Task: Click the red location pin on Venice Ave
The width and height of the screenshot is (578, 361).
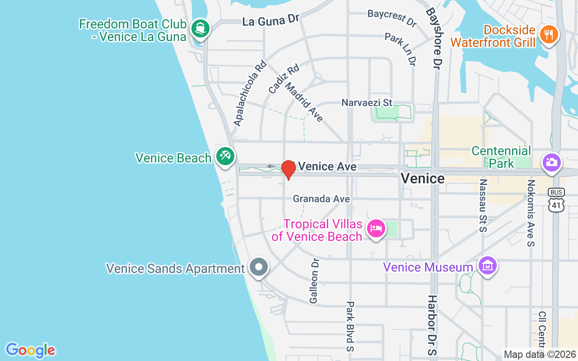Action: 288,169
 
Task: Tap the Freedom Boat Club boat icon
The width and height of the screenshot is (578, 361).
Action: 200,28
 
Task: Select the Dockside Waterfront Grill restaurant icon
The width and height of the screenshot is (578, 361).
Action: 549,34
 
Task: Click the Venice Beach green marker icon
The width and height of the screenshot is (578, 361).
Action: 224,156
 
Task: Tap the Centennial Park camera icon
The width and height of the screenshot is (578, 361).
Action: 551,162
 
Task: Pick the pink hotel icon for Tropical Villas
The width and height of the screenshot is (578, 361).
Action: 376,228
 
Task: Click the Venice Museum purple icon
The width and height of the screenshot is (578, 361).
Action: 488,266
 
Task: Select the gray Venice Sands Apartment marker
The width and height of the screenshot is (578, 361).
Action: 259,267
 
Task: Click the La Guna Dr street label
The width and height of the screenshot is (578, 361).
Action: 271,20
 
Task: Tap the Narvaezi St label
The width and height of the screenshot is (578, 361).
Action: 367,103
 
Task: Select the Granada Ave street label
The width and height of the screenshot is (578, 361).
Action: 321,199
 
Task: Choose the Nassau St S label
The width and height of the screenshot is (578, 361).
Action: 483,206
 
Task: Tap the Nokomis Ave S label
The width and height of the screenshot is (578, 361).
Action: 531,213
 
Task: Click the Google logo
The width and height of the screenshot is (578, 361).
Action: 30,350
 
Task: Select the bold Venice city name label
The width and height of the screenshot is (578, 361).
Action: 423,179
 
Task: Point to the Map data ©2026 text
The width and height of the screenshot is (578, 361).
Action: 540,355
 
